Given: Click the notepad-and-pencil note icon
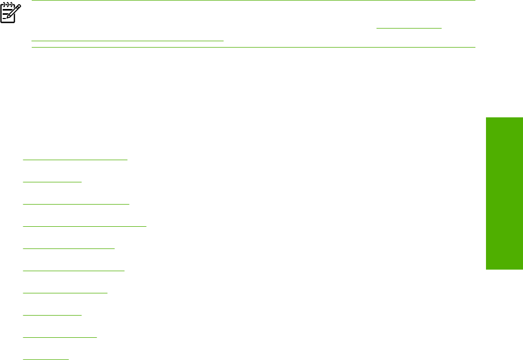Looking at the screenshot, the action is (x=10, y=13).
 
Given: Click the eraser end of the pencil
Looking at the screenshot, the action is (x=20, y=6).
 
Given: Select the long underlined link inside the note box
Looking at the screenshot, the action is (x=127, y=40).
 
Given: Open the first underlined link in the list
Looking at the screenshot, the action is (x=76, y=159).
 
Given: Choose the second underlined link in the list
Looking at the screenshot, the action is (x=53, y=181).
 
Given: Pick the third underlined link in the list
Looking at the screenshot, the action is (x=76, y=203).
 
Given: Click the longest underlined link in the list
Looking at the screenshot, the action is (x=85, y=225).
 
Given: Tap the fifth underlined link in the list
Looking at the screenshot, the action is (x=69, y=247).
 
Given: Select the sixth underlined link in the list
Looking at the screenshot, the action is (x=74, y=270).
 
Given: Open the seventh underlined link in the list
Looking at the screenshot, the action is (x=66, y=292).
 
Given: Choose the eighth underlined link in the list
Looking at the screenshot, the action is (x=53, y=314).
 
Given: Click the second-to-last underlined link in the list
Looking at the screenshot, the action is (x=60, y=336).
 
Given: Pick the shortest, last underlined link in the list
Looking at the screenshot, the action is (x=46, y=358).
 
